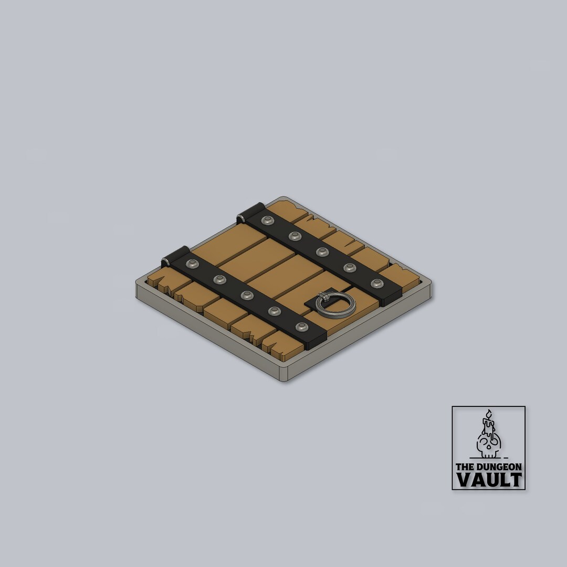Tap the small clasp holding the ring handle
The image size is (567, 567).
(324, 298)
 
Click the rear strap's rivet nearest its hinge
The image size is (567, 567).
(267, 220)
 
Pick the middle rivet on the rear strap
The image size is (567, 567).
(322, 252)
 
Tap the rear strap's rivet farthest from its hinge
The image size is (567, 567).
(377, 283)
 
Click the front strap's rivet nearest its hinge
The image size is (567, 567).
(192, 264)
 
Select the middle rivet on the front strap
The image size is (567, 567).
(247, 296)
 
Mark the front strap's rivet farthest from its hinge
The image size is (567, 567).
(302, 327)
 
